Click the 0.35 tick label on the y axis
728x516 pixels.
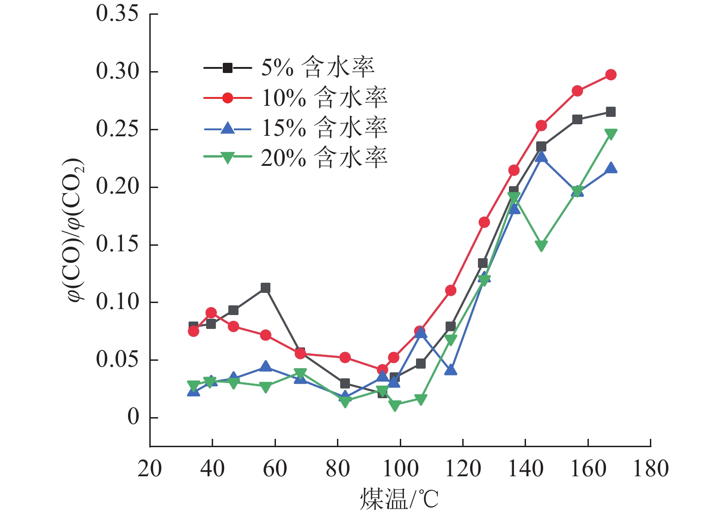point(117,14)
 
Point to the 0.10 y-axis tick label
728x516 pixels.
point(117,302)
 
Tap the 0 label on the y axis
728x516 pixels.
point(133,417)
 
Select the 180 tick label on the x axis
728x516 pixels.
point(650,468)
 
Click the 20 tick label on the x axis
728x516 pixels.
point(150,468)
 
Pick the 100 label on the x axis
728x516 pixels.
point(400,468)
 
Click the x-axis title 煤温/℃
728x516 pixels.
point(399,499)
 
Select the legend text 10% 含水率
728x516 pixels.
point(324,98)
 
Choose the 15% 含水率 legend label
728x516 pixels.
point(324,128)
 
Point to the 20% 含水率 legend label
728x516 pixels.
point(324,158)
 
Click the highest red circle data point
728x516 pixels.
point(611,75)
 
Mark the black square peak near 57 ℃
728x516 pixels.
point(265,288)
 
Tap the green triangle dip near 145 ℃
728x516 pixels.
point(541,246)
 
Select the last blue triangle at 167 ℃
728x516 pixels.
point(611,168)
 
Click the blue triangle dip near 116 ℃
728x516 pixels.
point(451,370)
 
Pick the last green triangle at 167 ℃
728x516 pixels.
point(611,134)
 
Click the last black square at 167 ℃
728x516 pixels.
point(611,112)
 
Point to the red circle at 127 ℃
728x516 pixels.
point(484,222)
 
